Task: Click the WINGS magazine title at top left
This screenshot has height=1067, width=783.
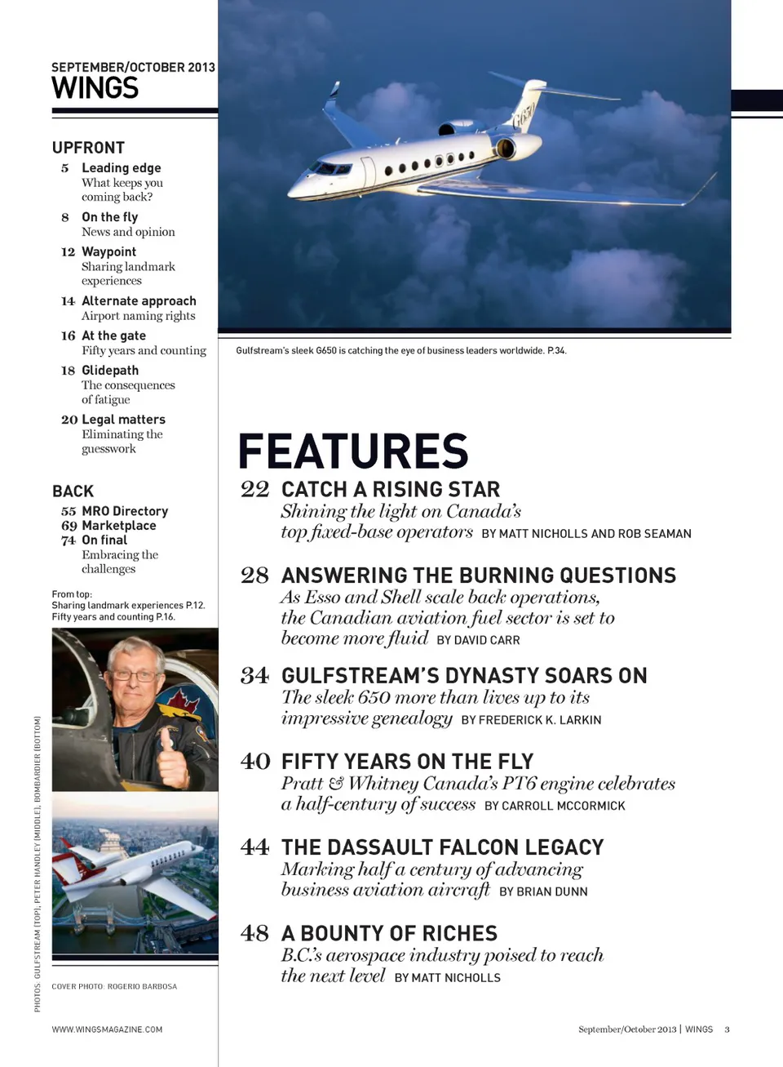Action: (95, 88)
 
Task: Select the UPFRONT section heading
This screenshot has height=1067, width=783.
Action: (88, 148)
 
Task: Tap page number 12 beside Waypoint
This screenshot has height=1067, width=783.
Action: (68, 252)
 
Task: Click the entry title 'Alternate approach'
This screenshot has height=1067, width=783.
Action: (139, 301)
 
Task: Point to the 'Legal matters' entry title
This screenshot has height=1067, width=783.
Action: (123, 420)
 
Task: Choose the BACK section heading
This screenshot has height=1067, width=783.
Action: (73, 491)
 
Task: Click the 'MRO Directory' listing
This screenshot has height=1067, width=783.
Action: (125, 511)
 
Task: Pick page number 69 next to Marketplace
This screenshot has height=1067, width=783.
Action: (69, 526)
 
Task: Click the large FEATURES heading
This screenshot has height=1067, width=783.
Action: (353, 451)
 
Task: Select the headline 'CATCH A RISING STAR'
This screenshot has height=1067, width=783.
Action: (391, 490)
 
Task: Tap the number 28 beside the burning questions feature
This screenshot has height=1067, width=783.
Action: (254, 576)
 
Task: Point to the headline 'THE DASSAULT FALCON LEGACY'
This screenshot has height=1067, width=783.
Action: (443, 847)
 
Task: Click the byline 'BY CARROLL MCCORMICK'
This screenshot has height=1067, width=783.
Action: (555, 806)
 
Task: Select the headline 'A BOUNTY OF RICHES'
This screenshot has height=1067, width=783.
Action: (389, 933)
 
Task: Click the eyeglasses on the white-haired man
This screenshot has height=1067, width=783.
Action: (135, 675)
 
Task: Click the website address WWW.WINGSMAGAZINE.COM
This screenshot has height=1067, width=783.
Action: (107, 1029)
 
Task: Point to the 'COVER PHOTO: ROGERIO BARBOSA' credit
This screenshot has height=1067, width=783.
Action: (114, 986)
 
